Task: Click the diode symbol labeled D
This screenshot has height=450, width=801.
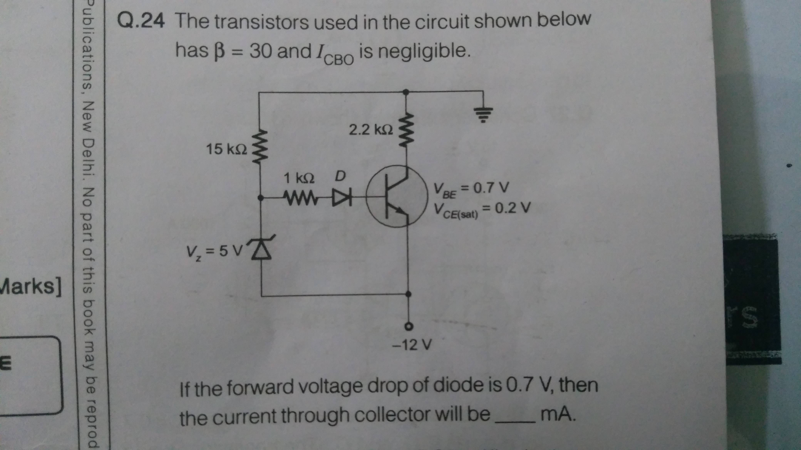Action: click(341, 197)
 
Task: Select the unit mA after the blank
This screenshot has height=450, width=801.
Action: click(558, 414)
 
